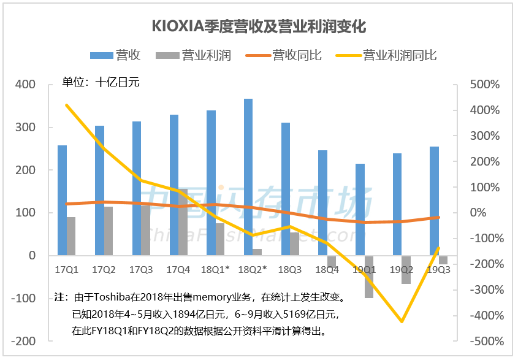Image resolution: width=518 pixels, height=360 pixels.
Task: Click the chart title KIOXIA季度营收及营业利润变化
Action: point(259,28)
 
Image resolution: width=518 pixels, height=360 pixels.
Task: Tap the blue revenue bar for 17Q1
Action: point(62,200)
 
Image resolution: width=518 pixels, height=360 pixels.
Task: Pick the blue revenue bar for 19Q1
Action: point(360,209)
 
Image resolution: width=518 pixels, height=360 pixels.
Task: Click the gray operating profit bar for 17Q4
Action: point(183,222)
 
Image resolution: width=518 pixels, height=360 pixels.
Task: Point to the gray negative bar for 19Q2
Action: point(406,270)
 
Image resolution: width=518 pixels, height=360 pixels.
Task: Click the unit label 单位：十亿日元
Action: point(101,82)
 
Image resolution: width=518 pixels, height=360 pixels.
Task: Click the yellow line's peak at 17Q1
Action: point(66,105)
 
